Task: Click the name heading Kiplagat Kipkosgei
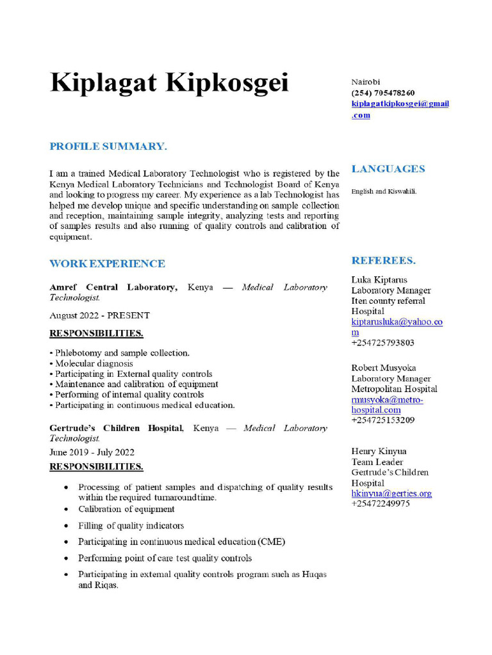pyautogui.click(x=169, y=83)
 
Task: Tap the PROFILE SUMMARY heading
pyautogui.click(x=108, y=146)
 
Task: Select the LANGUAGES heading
pyautogui.click(x=388, y=169)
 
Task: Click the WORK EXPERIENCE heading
pyautogui.click(x=107, y=264)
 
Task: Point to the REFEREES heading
pyautogui.click(x=383, y=260)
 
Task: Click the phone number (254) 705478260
pyautogui.click(x=382, y=93)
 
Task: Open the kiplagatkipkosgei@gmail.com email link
pyautogui.click(x=399, y=104)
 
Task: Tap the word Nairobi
pyautogui.click(x=366, y=82)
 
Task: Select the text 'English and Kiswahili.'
pyautogui.click(x=384, y=191)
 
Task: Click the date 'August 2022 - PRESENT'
pyautogui.click(x=99, y=315)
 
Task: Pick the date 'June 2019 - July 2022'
pyautogui.click(x=92, y=452)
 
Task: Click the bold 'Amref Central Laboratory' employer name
pyautogui.click(x=113, y=287)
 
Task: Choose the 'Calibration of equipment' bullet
pyautogui.click(x=126, y=509)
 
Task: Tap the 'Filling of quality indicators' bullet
pyautogui.click(x=131, y=526)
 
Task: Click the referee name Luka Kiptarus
pyautogui.click(x=379, y=280)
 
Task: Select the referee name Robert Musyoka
pyautogui.click(x=383, y=368)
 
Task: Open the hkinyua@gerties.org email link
pyautogui.click(x=391, y=493)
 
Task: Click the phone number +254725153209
pyautogui.click(x=382, y=420)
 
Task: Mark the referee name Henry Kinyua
pyautogui.click(x=379, y=452)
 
